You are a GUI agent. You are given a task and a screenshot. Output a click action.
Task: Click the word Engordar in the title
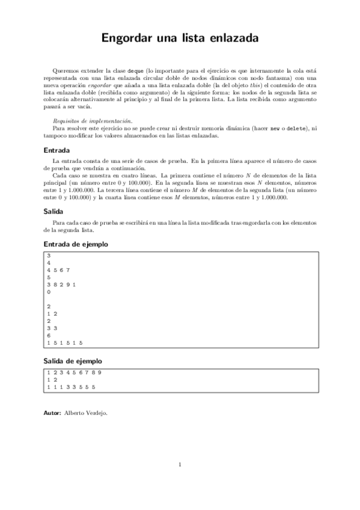[127, 38]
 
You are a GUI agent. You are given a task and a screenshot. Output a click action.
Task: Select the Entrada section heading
[57, 150]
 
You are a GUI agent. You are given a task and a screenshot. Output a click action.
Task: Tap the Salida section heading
[54, 212]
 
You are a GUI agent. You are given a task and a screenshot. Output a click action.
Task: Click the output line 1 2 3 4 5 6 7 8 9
[74, 372]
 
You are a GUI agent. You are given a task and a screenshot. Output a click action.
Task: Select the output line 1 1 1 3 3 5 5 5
[71, 387]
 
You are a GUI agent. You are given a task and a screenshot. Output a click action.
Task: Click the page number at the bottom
[180, 464]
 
